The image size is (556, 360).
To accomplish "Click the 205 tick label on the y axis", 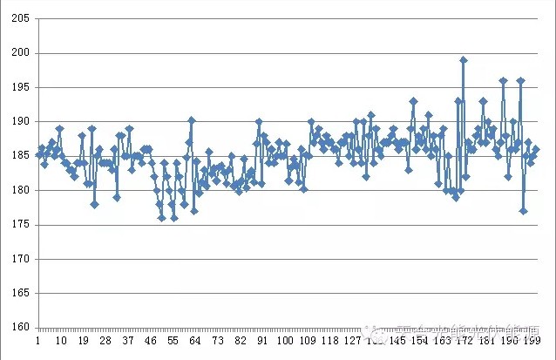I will point(19,18).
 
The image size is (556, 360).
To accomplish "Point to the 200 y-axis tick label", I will point(19,53).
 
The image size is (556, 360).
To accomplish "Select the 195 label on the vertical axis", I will point(19,87).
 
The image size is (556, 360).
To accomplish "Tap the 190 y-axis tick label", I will point(19,122).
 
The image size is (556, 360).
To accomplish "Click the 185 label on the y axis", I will point(19,156).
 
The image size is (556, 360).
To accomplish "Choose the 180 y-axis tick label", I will point(19,190).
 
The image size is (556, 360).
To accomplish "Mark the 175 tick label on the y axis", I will point(19,225).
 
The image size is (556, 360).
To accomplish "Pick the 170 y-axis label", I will point(19,259).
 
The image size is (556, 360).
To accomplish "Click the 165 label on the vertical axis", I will point(19,294).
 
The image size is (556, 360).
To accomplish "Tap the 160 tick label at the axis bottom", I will point(19,328).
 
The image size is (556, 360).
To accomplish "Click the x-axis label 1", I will point(37,341).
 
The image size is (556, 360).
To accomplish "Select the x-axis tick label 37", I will point(128,341).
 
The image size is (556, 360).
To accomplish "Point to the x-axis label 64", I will point(196,341).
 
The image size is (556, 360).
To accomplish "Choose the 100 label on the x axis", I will point(285,341).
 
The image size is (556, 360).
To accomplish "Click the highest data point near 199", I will point(464,60).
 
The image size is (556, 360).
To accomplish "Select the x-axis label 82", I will point(241,341).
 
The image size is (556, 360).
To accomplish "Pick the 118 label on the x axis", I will point(330,341).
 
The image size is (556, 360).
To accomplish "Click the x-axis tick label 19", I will point(83,341).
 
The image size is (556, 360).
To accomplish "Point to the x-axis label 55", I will point(173,341).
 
